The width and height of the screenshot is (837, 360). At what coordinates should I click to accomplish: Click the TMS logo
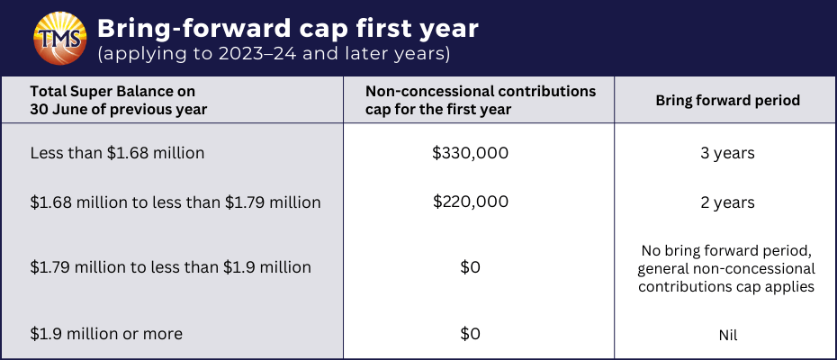(59, 38)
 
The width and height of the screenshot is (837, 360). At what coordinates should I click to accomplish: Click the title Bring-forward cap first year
(288, 28)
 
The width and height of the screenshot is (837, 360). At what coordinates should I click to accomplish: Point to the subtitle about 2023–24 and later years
(273, 55)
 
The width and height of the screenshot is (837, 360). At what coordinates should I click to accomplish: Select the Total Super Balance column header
(119, 100)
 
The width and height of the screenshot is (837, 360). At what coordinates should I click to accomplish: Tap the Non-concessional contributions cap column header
(481, 100)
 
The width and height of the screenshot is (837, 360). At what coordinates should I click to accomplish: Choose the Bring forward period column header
(727, 100)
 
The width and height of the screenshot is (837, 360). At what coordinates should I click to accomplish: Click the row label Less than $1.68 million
(117, 153)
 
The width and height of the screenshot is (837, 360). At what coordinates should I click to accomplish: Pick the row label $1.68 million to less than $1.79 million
(175, 202)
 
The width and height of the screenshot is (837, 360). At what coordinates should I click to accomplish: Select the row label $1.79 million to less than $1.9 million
(171, 267)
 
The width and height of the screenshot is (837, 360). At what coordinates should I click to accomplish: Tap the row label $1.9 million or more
(106, 334)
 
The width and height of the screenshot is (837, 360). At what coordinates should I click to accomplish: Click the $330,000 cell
(471, 153)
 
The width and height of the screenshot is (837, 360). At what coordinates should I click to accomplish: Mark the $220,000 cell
(471, 202)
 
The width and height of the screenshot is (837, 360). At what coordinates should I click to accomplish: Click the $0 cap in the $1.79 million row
(471, 267)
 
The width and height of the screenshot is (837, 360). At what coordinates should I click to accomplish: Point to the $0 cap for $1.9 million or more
(471, 334)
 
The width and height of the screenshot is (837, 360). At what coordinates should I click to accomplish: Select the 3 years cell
(728, 153)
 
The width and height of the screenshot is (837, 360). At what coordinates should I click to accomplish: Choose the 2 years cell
(728, 202)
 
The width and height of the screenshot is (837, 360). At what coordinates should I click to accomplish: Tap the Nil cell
(728, 336)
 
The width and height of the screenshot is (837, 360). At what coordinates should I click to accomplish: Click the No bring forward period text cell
(726, 269)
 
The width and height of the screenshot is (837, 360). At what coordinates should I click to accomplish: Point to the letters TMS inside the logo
(59, 39)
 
